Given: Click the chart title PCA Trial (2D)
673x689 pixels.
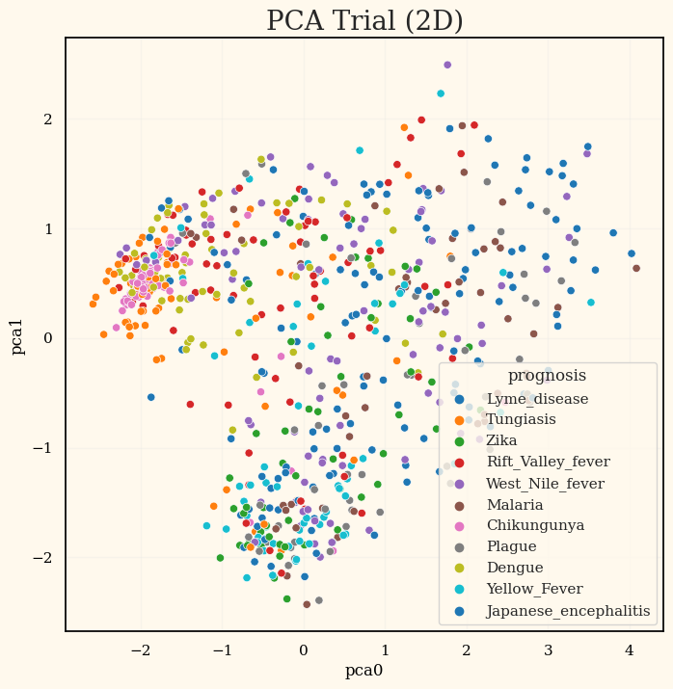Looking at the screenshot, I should point(364,21).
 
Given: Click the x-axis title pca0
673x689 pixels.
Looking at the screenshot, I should point(364,671).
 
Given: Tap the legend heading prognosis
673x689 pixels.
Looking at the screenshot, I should point(547,376).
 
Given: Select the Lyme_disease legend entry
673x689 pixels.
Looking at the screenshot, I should point(537,398).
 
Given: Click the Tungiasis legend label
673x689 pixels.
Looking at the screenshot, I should point(521,419).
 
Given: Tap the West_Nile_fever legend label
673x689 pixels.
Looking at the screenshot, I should point(545,483).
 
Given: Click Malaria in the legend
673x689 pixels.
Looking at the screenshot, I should point(514,505).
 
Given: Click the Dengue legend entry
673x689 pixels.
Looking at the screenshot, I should point(514,569).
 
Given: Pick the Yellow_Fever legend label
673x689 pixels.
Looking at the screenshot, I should point(533,590).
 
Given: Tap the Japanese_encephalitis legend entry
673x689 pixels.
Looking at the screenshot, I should point(568,611).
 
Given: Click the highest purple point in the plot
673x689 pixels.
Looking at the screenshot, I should point(447,65).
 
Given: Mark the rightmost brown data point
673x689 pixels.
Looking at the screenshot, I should point(636,269).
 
